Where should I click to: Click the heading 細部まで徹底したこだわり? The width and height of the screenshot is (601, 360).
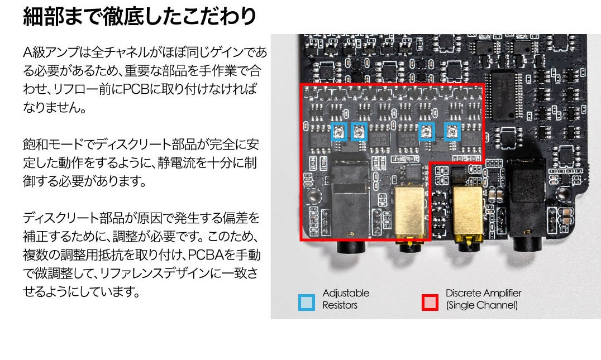pyautogui.click(x=139, y=16)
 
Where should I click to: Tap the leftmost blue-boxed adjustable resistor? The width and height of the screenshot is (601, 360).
pyautogui.click(x=339, y=132)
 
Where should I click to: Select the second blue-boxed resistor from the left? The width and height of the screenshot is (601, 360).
pyautogui.click(x=359, y=132)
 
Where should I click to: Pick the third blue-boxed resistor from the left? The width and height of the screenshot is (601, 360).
pyautogui.click(x=427, y=132)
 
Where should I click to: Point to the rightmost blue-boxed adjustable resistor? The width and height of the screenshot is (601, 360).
pyautogui.click(x=452, y=132)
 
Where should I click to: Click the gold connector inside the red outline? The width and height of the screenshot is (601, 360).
pyautogui.click(x=411, y=212)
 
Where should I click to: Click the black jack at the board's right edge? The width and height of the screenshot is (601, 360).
pyautogui.click(x=528, y=195)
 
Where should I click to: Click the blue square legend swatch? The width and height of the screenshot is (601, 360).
pyautogui.click(x=307, y=303)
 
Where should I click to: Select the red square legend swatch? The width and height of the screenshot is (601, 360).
pyautogui.click(x=430, y=303)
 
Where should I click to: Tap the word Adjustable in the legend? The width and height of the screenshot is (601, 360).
pyautogui.click(x=346, y=293)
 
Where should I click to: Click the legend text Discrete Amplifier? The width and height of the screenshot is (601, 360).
pyautogui.click(x=483, y=293)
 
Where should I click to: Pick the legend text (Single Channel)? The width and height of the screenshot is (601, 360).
pyautogui.click(x=481, y=305)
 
